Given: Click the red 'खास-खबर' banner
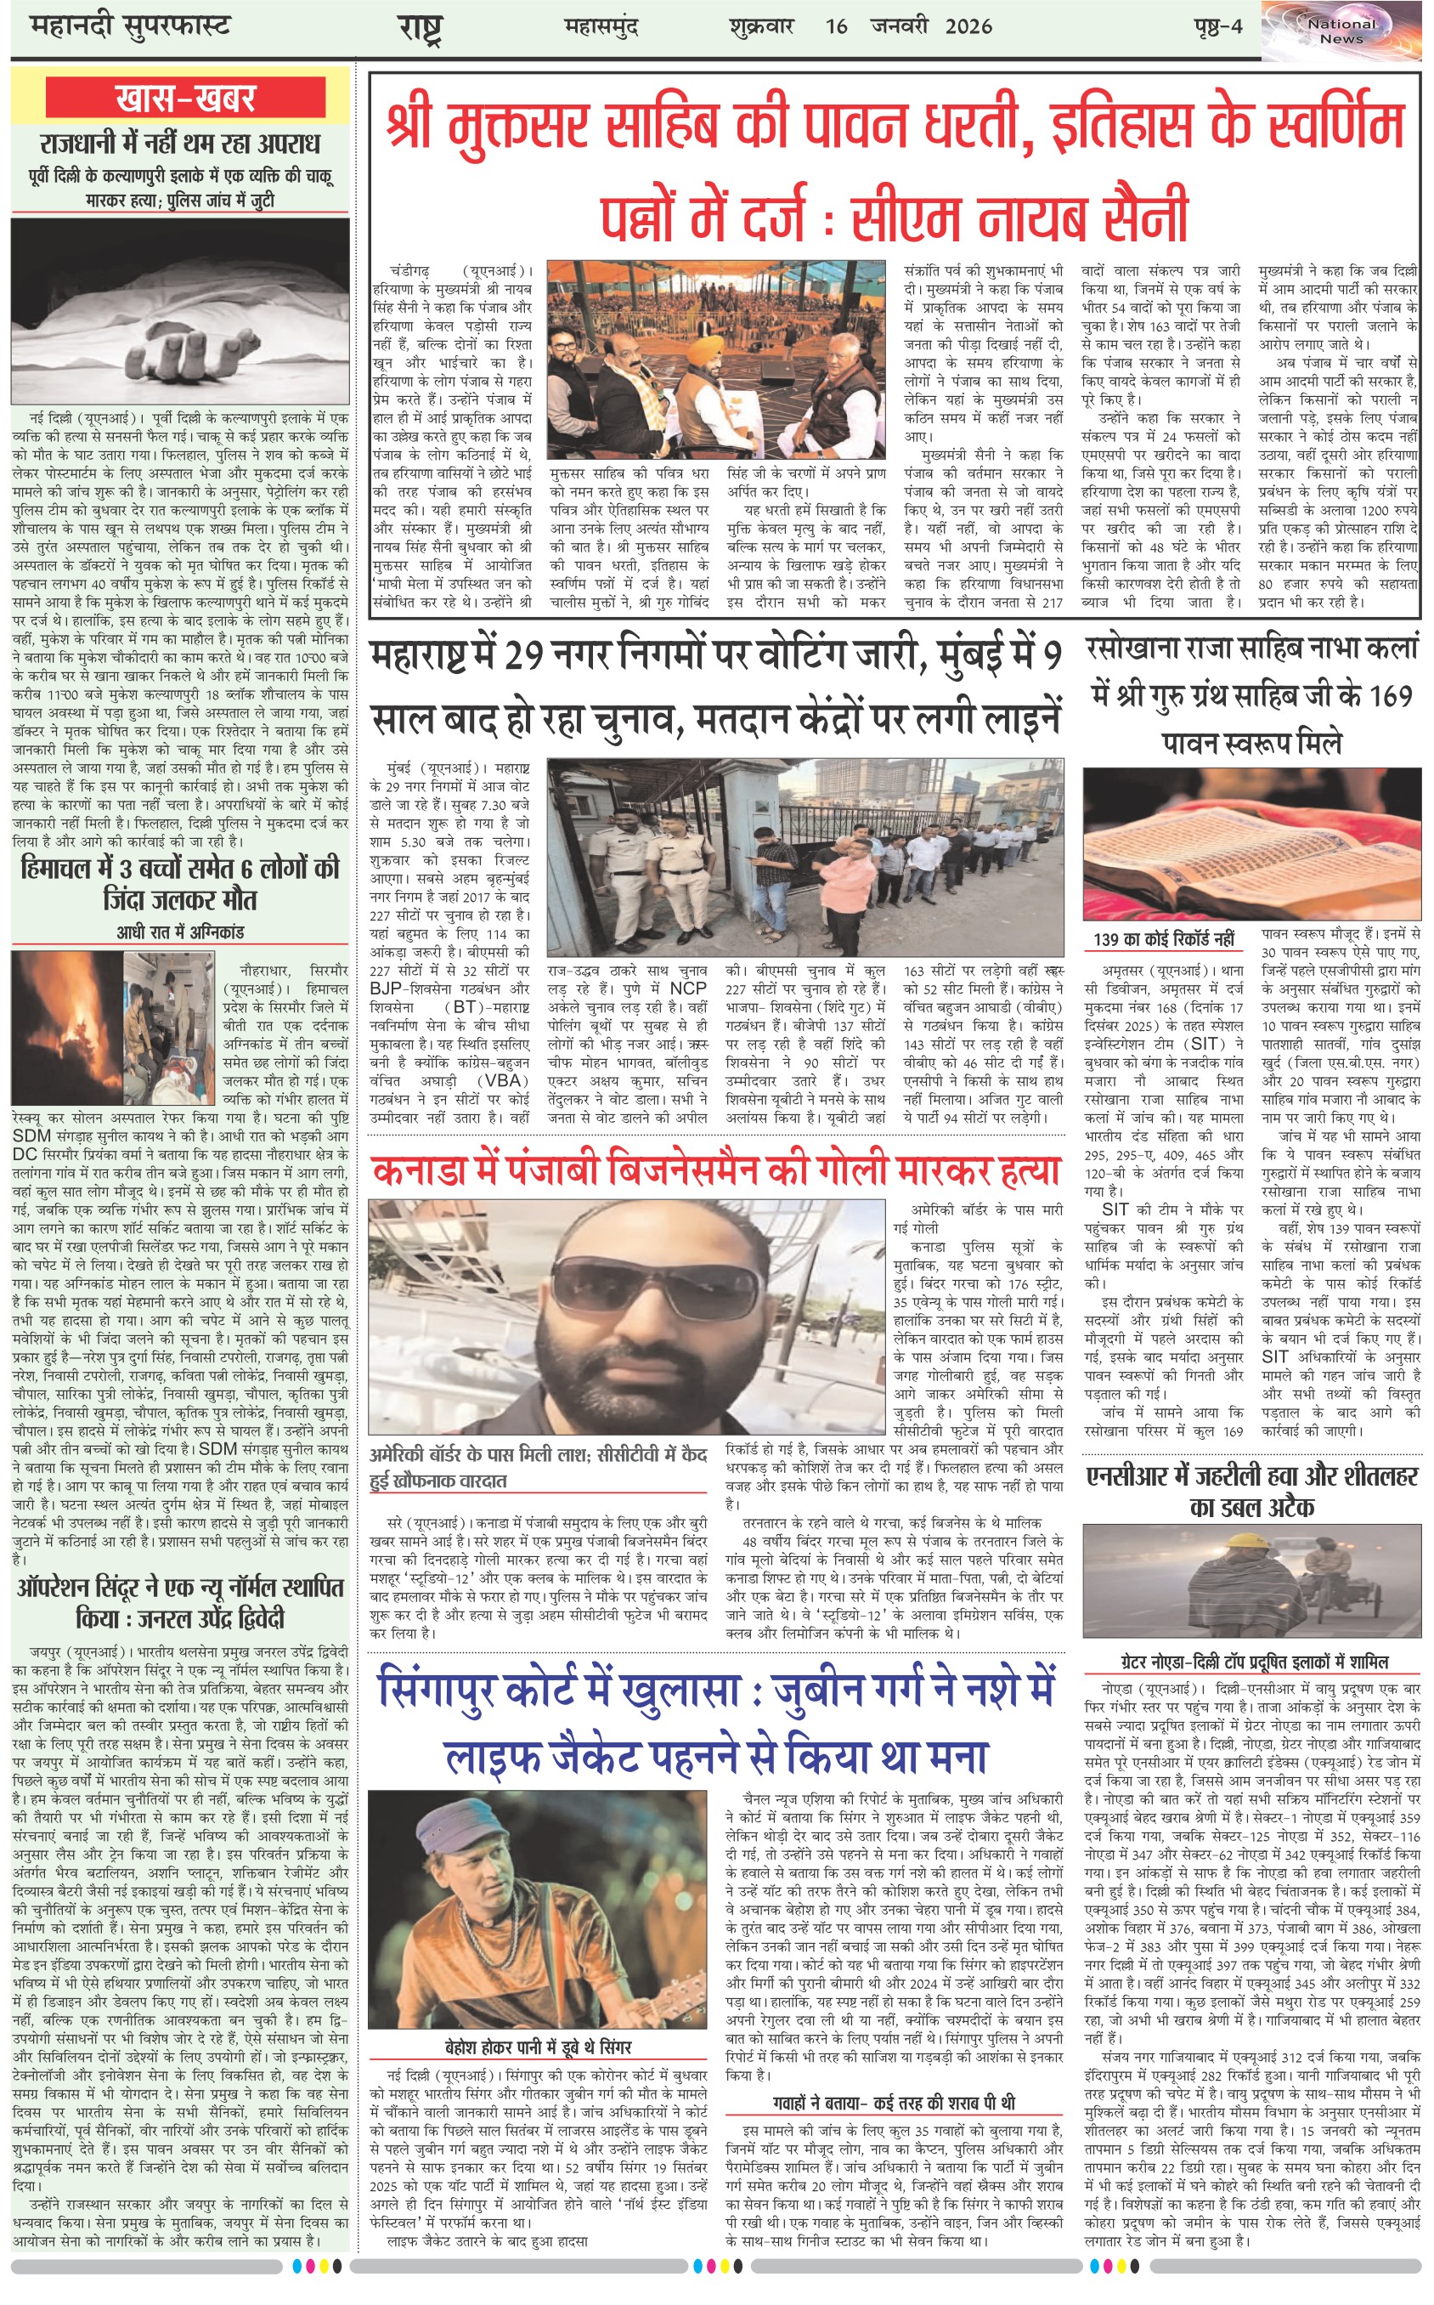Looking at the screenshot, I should [x=184, y=99].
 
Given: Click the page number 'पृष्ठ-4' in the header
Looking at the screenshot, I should [x=1217, y=25].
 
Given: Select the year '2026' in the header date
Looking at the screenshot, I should [x=968, y=25].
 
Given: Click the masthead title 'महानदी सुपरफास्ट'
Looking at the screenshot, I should [x=130, y=25].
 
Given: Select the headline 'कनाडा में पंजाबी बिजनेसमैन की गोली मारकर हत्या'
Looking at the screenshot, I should [x=715, y=1170].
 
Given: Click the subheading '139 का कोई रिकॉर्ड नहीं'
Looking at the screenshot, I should [x=1164, y=939].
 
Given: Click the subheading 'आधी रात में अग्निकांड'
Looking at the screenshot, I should [x=180, y=932].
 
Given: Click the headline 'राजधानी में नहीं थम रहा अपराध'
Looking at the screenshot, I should [x=180, y=144].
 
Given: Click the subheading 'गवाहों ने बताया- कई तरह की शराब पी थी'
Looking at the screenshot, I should [x=894, y=2102].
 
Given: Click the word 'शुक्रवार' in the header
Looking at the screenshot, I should [x=760, y=25].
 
